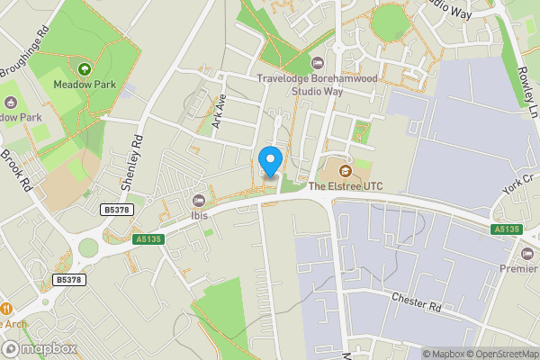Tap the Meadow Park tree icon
(x=85, y=69)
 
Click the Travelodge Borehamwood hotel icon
(x=317, y=62)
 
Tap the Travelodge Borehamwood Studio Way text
(x=317, y=85)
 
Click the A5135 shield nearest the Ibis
(x=149, y=238)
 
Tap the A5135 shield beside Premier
(x=506, y=229)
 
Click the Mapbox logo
(x=38, y=348)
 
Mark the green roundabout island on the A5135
(x=87, y=247)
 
